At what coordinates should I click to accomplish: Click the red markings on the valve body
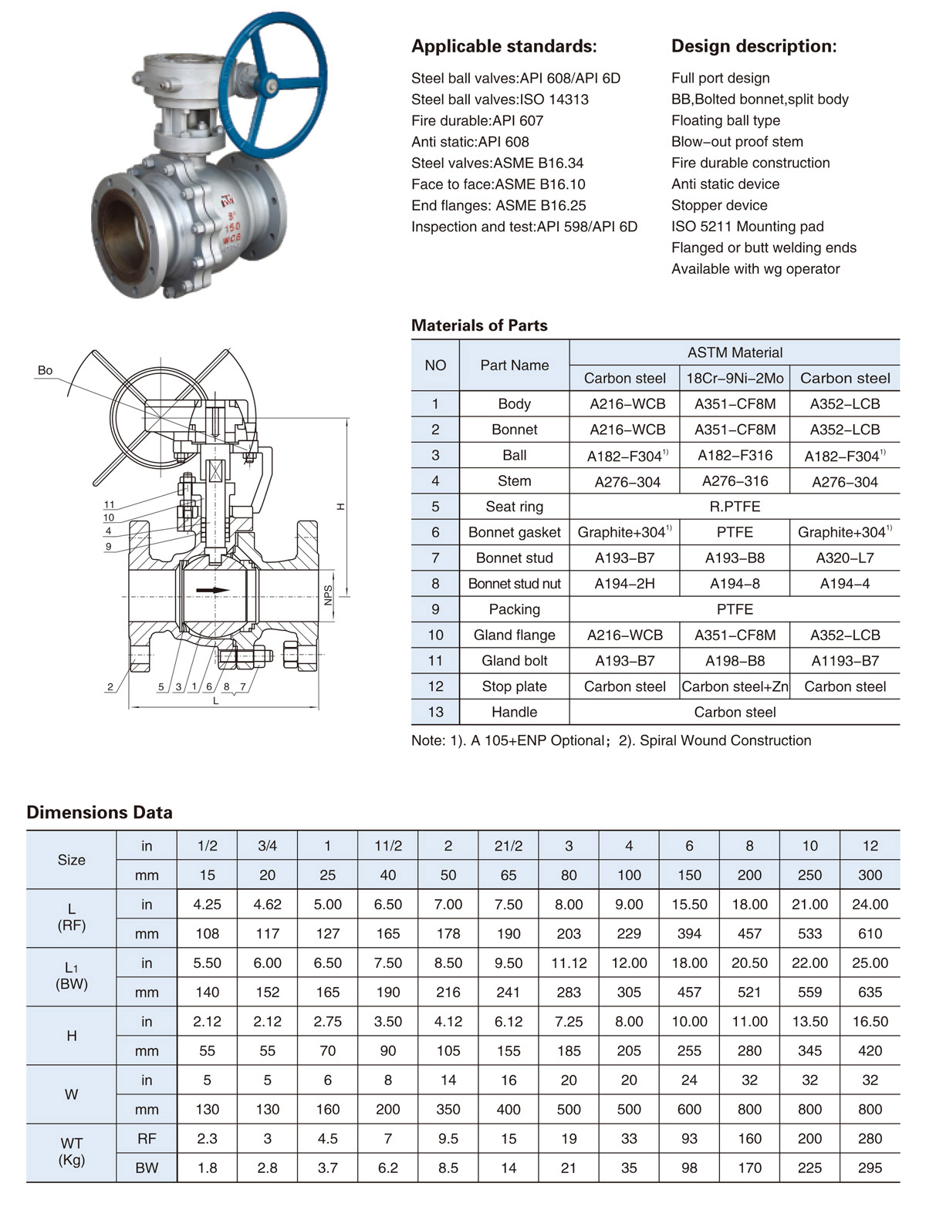[231, 223]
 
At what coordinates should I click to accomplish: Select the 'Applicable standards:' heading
[504, 46]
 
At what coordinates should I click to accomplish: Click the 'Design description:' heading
[753, 46]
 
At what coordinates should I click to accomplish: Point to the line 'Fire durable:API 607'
[477, 120]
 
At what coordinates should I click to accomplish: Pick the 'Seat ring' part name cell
[514, 507]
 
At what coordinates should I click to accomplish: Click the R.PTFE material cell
[734, 507]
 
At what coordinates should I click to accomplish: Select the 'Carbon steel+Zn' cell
[735, 686]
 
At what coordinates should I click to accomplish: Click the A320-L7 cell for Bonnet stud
[844, 558]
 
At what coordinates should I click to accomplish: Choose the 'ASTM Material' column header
[734, 352]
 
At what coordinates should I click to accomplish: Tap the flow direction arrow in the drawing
[212, 590]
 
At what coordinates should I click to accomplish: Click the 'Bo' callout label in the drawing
[45, 370]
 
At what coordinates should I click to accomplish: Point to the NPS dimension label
[328, 595]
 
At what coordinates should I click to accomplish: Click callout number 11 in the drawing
[109, 505]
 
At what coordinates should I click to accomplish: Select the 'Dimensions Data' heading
[100, 812]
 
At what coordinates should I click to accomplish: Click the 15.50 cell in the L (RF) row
[689, 905]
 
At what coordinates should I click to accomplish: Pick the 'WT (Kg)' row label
[71, 1152]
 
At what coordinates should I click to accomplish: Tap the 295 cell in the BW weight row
[870, 1168]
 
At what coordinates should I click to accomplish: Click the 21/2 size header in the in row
[508, 846]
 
